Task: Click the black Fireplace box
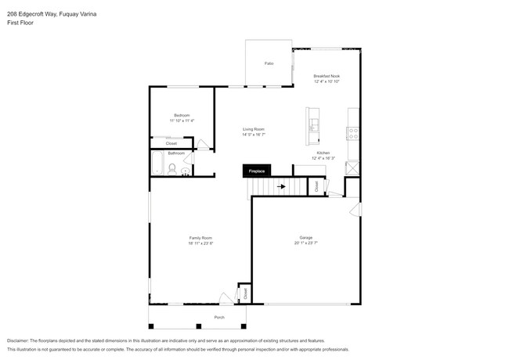[x=257, y=171]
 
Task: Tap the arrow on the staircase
[x=281, y=186]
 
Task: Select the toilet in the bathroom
[x=172, y=167]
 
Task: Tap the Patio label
[x=269, y=63]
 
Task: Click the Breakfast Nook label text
[x=327, y=76]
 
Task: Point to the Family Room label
[x=200, y=238]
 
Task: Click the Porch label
[x=219, y=317]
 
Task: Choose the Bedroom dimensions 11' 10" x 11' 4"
[x=182, y=121]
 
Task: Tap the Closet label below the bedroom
[x=171, y=143]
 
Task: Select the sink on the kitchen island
[x=314, y=124]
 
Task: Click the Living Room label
[x=253, y=129]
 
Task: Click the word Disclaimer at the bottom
[x=17, y=341]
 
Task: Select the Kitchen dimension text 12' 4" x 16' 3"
[x=323, y=158]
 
